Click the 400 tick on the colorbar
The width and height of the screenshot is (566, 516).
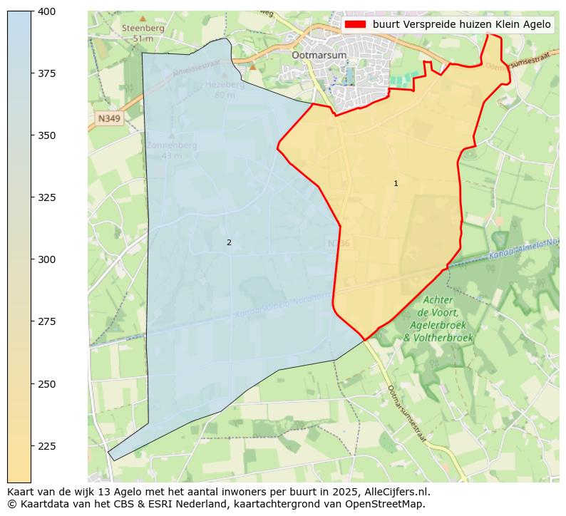click(x=48, y=11)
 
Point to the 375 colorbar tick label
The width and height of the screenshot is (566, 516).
click(x=48, y=73)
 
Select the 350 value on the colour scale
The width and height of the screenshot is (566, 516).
click(x=48, y=135)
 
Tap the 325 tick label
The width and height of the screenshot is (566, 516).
click(x=48, y=197)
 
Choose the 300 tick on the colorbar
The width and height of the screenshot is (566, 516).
click(x=48, y=259)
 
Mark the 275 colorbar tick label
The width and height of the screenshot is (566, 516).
click(x=48, y=321)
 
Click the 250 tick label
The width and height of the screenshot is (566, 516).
click(x=48, y=384)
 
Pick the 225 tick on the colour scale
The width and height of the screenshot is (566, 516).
click(x=48, y=446)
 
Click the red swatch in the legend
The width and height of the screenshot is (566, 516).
click(x=355, y=24)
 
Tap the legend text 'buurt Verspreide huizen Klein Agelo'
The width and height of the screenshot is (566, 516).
click(x=461, y=24)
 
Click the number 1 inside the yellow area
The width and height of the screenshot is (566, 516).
click(x=396, y=184)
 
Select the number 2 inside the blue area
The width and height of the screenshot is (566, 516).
click(x=229, y=242)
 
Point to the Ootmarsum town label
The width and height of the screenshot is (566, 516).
click(x=319, y=55)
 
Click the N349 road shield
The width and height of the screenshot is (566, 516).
click(x=109, y=118)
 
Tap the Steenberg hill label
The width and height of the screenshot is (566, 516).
click(x=143, y=29)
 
